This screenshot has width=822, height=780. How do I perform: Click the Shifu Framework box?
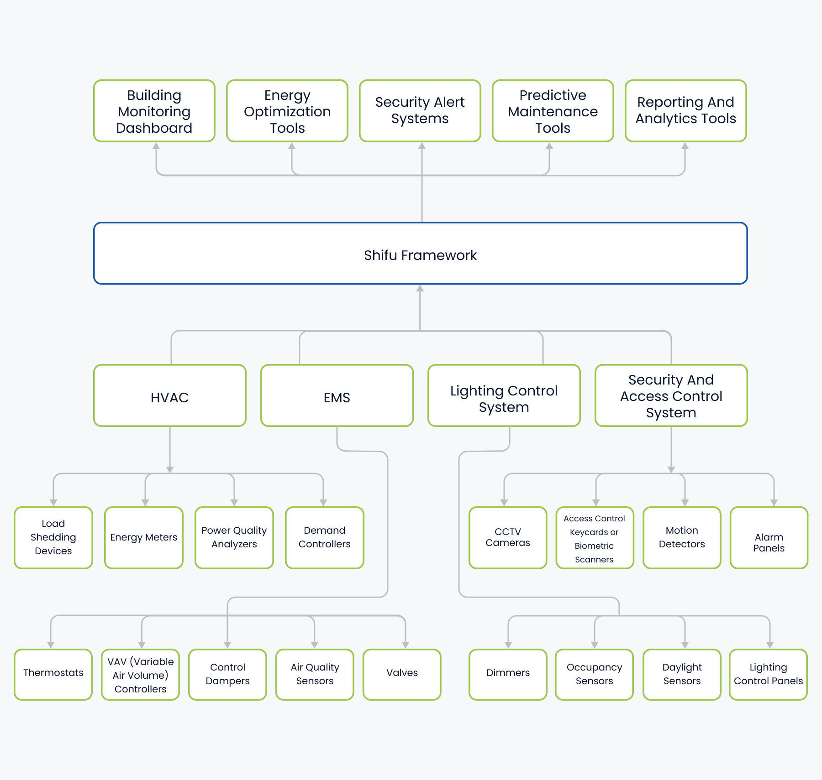click(x=420, y=254)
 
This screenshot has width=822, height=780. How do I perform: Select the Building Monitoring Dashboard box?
click(x=154, y=111)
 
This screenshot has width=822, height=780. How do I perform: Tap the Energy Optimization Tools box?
click(x=287, y=111)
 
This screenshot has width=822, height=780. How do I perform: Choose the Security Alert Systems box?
click(x=420, y=111)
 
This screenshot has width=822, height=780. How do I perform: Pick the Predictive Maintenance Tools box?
click(x=553, y=111)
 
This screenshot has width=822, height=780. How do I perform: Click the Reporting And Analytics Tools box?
click(x=685, y=111)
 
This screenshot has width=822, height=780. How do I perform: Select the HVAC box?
click(x=170, y=396)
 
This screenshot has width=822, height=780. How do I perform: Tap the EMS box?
click(x=337, y=396)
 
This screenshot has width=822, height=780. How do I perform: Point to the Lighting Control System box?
click(x=504, y=396)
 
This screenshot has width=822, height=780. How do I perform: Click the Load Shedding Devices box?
click(x=53, y=537)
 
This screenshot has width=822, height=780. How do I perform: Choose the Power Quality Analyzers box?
click(x=234, y=537)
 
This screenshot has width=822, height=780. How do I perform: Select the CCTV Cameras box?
click(x=508, y=537)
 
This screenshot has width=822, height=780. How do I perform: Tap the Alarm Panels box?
click(x=769, y=537)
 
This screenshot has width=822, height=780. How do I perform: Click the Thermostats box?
click(x=53, y=674)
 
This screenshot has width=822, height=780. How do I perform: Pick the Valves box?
click(x=402, y=674)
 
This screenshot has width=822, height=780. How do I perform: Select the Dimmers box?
click(x=508, y=674)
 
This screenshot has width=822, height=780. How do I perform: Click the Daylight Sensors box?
click(x=682, y=674)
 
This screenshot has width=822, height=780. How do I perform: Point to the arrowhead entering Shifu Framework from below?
click(x=420, y=288)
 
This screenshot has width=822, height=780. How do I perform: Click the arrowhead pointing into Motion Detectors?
click(x=685, y=502)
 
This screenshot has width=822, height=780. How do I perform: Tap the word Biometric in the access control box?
click(x=594, y=546)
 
